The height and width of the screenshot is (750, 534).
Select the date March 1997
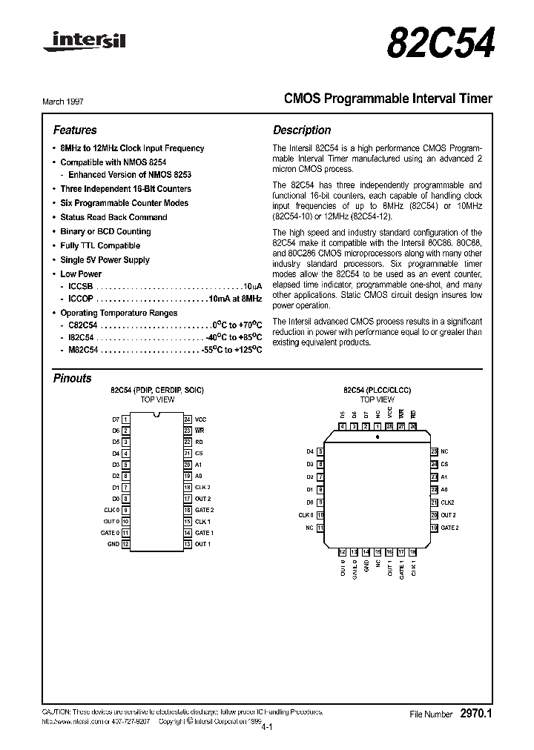tap(73, 99)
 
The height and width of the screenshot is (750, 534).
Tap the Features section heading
tap(75, 130)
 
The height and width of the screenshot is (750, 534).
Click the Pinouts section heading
tap(73, 378)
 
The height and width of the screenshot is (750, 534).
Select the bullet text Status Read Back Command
tap(113, 217)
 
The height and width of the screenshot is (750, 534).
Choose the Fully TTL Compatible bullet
tap(100, 245)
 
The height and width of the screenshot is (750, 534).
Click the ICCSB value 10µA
tap(252, 285)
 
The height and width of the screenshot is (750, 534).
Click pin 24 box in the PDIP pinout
tap(188, 419)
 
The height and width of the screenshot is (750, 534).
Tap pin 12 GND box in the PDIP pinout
tap(126, 544)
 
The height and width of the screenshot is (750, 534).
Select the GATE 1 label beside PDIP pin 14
tap(204, 533)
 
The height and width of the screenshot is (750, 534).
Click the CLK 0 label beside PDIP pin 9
tap(111, 510)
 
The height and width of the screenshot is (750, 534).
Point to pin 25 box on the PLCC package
tap(434, 451)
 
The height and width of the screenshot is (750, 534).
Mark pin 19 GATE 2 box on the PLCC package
tap(434, 528)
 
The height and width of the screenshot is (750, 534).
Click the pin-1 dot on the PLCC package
tap(378, 437)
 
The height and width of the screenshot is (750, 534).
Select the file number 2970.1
tap(476, 714)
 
